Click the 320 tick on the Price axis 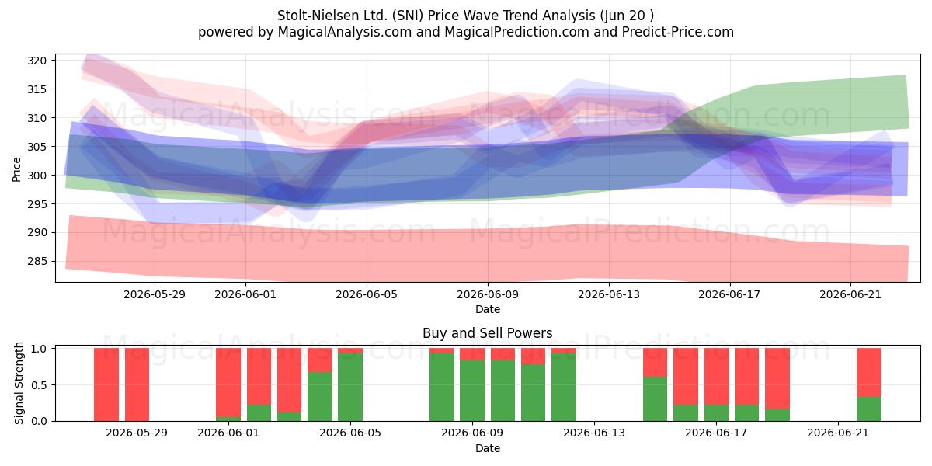point(37,61)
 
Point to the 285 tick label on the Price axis point(37,261)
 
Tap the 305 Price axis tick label point(37,147)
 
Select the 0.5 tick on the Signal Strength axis point(40,385)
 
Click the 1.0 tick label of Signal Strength point(40,348)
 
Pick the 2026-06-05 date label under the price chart point(367,294)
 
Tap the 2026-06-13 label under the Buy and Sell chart point(594,433)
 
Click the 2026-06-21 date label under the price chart point(850,294)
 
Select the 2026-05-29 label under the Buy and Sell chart point(137,433)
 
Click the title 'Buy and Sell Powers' point(487,333)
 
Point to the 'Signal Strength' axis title point(19,383)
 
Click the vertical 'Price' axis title point(16,169)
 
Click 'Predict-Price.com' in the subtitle point(678,32)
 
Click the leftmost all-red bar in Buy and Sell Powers point(106,384)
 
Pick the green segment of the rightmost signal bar point(868,409)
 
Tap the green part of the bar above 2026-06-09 point(472,391)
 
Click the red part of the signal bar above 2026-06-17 point(716,377)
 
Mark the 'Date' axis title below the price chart point(488,310)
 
